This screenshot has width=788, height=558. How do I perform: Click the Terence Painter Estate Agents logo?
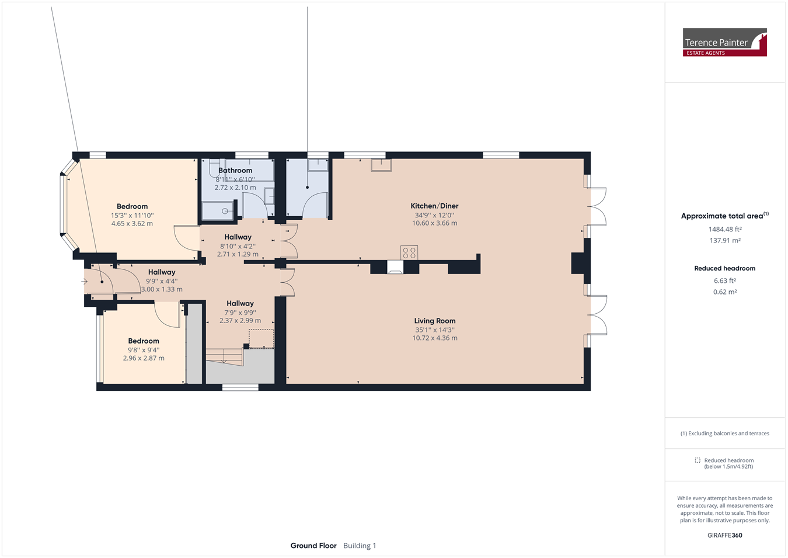coord(725,42)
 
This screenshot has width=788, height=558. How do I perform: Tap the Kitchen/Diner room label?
coord(434,206)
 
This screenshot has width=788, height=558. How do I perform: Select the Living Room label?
coord(435,321)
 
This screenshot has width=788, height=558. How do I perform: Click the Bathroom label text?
coord(235,171)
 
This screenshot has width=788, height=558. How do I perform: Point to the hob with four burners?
coord(409,253)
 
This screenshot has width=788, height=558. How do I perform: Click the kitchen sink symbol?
coord(381,165)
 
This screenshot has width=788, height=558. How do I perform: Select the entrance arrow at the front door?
coord(84,281)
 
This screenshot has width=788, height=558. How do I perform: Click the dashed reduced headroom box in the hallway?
coord(261,339)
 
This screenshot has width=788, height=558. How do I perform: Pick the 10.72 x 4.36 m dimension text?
coord(435,338)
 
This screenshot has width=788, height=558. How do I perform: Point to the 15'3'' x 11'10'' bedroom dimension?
coord(133,216)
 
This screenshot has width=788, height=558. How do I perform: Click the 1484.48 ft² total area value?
coord(725,229)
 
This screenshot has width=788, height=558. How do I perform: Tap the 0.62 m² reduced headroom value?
coord(725,292)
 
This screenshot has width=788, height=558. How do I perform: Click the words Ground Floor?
coord(313,546)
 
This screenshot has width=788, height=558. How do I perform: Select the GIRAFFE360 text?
coord(725,535)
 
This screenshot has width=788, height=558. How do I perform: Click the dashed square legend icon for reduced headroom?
coord(698,460)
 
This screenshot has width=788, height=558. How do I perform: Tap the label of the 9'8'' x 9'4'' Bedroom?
coord(144,341)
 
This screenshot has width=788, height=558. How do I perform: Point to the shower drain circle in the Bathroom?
coord(225,212)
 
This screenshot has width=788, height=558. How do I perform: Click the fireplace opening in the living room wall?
coord(395,267)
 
